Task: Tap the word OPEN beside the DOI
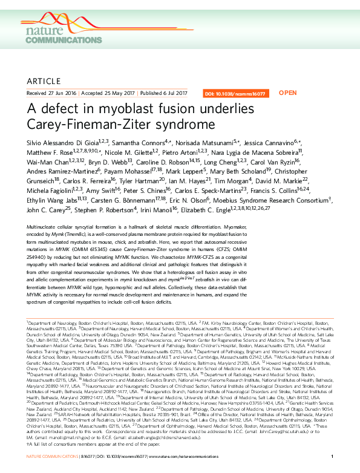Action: pyautogui.click(x=287, y=93)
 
